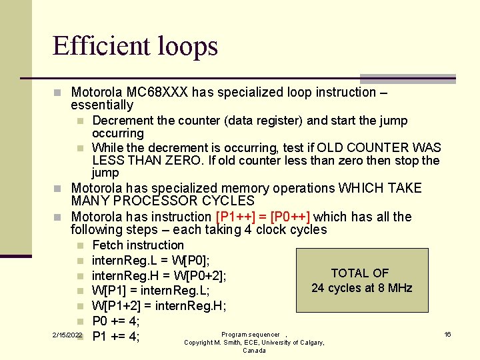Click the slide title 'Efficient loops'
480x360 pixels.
(135, 46)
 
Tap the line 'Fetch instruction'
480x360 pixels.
(137, 245)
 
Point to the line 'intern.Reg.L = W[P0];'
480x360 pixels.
(150, 260)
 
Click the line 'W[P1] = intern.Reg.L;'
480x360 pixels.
(151, 291)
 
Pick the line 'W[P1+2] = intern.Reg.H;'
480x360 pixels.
(159, 306)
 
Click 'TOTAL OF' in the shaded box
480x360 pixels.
(360, 273)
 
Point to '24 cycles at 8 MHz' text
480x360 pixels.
(362, 288)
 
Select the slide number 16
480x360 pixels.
(448, 334)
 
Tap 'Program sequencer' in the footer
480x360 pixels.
(251, 335)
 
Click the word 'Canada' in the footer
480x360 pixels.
(254, 351)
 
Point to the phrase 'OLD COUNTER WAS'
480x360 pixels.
(379, 147)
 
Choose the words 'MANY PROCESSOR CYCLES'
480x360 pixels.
(163, 201)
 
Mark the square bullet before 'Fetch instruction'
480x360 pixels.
(79, 246)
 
